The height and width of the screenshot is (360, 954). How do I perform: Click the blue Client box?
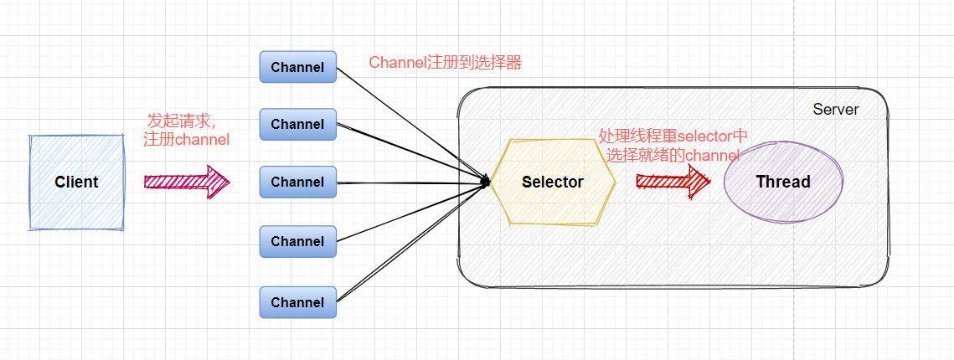pos(76,183)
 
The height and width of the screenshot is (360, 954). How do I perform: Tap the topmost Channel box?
pos(297,67)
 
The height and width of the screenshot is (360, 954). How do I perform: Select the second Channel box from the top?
pos(297,124)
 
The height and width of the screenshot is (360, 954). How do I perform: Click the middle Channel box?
pos(297,182)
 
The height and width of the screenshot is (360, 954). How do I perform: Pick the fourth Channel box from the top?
pos(297,241)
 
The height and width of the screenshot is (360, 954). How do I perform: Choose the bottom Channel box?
pos(297,302)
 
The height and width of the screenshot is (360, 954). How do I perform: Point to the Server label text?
pos(835,110)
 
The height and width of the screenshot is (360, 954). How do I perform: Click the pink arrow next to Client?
pos(186,181)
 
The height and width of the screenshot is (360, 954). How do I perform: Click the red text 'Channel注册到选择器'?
pos(445,63)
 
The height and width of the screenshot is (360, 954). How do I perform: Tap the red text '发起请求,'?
pos(187,120)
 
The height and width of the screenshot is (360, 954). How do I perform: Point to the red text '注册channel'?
pos(186,140)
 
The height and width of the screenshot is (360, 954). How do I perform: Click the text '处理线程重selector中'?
pos(673,136)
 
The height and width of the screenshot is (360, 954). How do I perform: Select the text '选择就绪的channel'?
pos(673,155)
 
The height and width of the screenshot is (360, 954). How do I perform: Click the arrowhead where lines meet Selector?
pos(486,180)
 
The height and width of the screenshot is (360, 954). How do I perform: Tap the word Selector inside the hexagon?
pos(553,182)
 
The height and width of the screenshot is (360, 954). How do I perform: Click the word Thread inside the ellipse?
pos(783,182)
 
